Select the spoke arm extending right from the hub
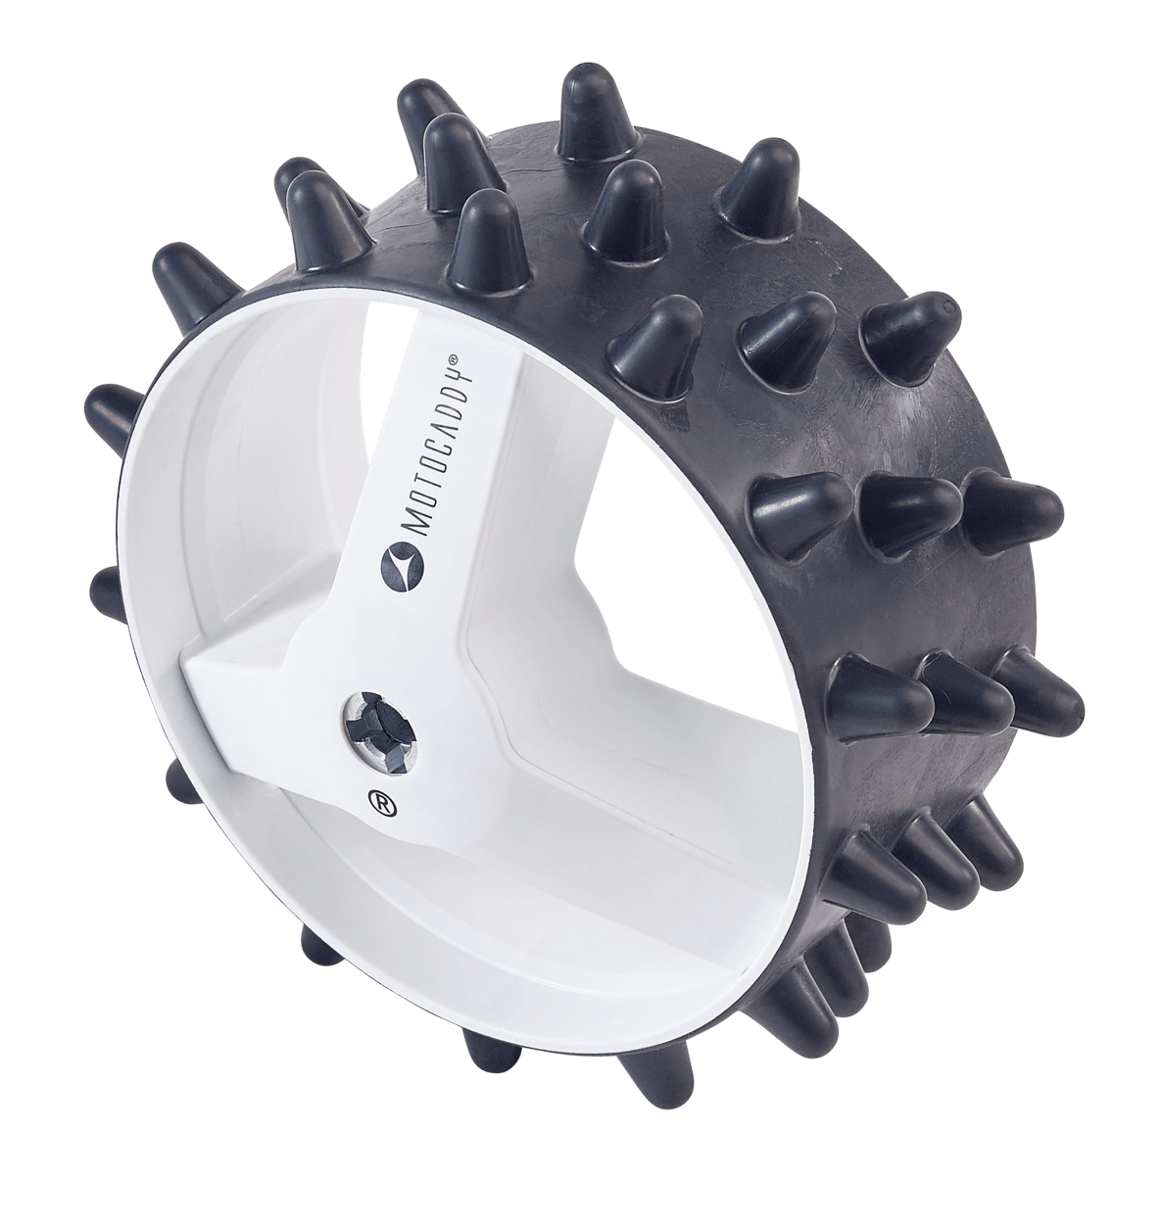pyautogui.click(x=549, y=705)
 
